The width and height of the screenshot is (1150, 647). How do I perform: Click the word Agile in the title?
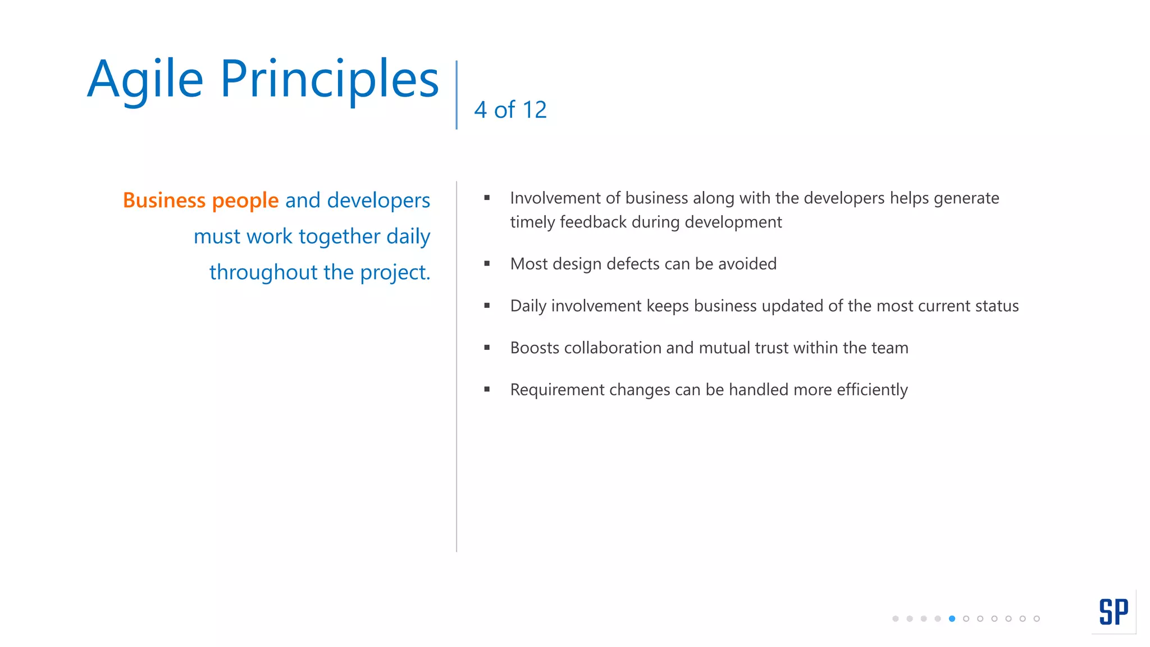click(145, 80)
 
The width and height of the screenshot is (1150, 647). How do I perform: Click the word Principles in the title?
click(329, 80)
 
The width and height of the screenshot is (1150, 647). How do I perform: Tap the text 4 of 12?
click(510, 110)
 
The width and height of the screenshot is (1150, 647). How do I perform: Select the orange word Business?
click(164, 201)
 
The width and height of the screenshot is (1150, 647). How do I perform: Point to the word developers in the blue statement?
click(378, 201)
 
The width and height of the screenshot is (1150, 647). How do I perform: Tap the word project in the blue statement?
click(393, 273)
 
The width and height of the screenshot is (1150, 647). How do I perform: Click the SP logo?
click(1114, 612)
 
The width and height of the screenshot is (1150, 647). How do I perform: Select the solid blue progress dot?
click(952, 619)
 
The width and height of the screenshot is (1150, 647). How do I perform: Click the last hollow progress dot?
click(1037, 619)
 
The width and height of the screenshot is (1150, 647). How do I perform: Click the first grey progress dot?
click(895, 619)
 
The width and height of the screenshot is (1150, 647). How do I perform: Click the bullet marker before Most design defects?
click(487, 263)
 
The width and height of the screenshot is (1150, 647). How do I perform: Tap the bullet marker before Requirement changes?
click(487, 389)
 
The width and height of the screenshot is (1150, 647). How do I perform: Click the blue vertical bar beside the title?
click(457, 95)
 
